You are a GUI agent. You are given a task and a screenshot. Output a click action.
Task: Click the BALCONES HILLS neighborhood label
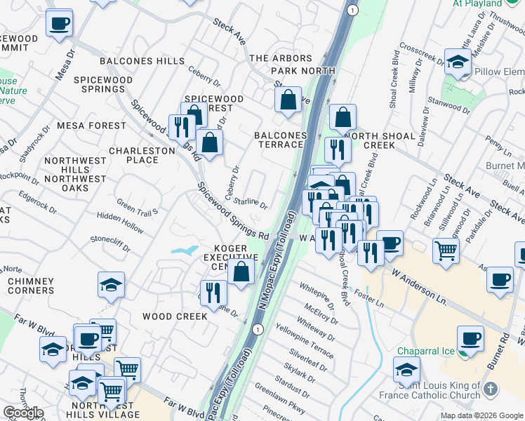point(142,61)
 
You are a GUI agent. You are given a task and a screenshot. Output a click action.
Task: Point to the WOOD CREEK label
point(175,316)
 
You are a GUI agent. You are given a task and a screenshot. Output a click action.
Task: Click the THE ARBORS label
point(279,58)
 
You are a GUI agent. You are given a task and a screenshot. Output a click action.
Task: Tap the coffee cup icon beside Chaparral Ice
point(470,339)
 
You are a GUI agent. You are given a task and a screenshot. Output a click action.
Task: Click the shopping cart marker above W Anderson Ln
point(446,249)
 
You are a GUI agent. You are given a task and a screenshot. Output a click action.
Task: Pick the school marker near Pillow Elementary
point(458,62)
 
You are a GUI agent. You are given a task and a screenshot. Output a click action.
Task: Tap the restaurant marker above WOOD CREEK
point(213,292)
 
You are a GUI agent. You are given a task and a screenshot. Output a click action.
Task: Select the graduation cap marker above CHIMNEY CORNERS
point(111,285)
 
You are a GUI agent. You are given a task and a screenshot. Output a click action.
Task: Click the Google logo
point(23,413)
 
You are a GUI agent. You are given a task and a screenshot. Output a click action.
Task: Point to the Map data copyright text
point(481,415)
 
